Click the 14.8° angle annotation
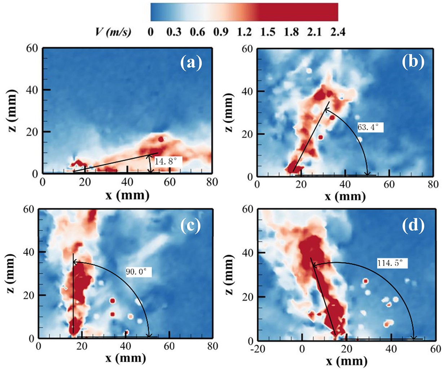(166, 161)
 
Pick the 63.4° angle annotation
(370, 127)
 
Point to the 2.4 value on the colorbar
(337, 32)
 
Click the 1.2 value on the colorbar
(244, 32)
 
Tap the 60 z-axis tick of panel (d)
(247, 209)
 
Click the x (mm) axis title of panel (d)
(346, 361)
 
